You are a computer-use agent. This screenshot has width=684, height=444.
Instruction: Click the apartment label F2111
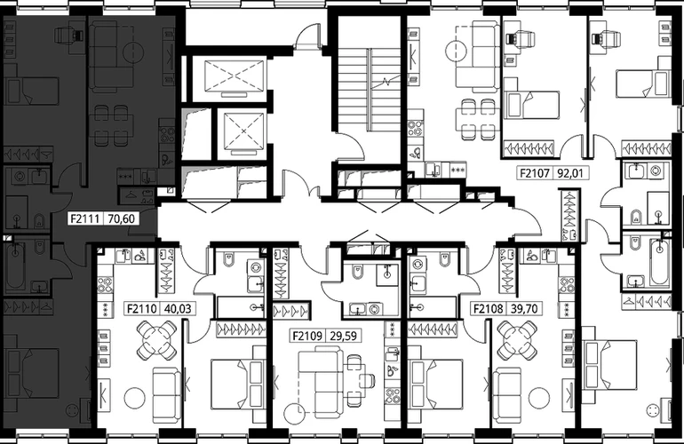86,218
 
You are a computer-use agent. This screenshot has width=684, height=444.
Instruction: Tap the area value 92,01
570,173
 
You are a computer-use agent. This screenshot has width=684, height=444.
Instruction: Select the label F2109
307,336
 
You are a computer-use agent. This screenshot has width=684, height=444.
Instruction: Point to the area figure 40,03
178,309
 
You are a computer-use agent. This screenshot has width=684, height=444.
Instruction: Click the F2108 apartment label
489,309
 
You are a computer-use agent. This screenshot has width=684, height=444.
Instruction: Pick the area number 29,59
343,336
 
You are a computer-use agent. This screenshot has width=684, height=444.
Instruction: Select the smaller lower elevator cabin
243,133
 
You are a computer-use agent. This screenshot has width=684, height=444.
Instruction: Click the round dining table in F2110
156,340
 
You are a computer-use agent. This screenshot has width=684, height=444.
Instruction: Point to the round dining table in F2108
517,340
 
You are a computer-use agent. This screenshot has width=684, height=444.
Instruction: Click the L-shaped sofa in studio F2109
321,377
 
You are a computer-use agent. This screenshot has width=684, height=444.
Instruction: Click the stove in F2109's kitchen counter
392,396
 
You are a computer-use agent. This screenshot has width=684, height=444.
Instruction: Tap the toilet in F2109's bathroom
358,272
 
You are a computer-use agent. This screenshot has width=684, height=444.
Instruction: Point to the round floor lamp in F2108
538,397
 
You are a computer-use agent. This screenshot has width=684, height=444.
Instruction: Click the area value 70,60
122,218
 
